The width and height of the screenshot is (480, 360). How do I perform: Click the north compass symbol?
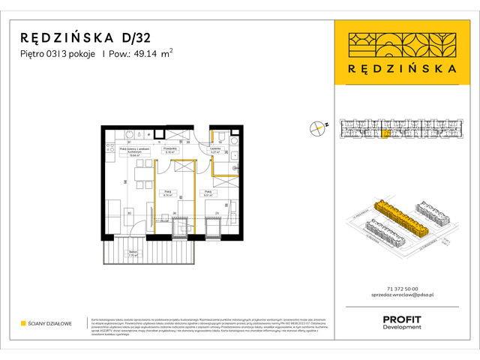[319, 127]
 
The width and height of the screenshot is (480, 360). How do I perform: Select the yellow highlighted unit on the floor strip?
[386, 135]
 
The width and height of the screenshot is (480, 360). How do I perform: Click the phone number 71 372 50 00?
[400, 289]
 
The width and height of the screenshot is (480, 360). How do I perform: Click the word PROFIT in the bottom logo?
[401, 319]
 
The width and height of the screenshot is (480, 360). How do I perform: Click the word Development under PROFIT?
[401, 328]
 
